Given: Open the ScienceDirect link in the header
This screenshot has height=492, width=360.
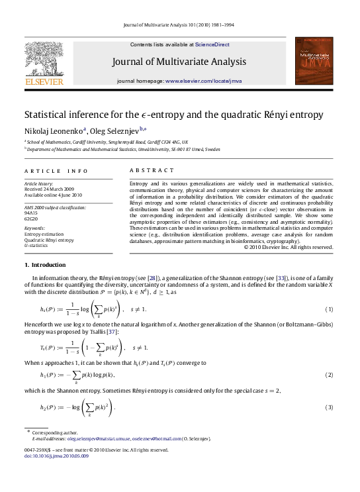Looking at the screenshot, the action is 212,44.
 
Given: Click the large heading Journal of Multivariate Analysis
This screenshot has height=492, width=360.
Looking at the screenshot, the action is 180,62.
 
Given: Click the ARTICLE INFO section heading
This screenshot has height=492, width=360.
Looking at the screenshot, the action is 50,170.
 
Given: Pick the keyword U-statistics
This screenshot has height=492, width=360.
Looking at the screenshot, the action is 36,245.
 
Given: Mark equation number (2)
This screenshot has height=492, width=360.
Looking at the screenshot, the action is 329,375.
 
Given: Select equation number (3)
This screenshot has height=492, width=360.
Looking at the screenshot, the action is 329,407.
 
